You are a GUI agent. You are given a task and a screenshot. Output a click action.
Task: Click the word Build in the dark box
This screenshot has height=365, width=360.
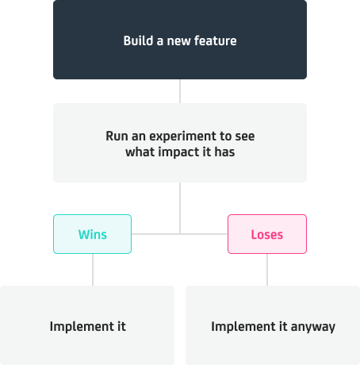pyautogui.click(x=138, y=40)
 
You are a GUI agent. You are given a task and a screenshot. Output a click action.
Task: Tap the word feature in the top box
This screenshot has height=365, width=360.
pyautogui.click(x=215, y=40)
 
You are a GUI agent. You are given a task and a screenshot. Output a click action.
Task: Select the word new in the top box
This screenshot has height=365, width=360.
pyautogui.click(x=178, y=41)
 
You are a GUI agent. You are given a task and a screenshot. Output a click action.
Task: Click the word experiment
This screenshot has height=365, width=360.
pyautogui.click(x=182, y=136)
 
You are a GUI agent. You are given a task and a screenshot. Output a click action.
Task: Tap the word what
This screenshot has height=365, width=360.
pyautogui.click(x=140, y=152)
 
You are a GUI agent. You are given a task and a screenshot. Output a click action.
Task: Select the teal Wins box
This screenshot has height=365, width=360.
pyautogui.click(x=92, y=234)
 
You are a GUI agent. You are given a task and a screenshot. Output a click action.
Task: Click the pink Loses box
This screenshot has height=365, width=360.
pyautogui.click(x=267, y=234)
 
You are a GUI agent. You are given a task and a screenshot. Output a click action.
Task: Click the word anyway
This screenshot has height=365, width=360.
pyautogui.click(x=313, y=327)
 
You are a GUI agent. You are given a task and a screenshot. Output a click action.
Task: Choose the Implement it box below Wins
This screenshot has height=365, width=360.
pyautogui.click(x=87, y=325)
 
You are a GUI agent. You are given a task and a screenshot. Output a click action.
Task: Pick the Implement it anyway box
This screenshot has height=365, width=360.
pyautogui.click(x=273, y=325)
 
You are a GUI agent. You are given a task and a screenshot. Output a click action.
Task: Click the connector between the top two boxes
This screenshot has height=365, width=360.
pyautogui.click(x=180, y=91)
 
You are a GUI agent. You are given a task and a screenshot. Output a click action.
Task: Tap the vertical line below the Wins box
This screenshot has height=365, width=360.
pyautogui.click(x=93, y=270)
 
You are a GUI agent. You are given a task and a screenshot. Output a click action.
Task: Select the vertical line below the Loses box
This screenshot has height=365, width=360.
pyautogui.click(x=267, y=270)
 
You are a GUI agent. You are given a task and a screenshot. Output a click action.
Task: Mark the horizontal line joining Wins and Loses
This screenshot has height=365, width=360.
pyautogui.click(x=179, y=234)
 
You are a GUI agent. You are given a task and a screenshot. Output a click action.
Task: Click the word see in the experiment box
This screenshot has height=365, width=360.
pyautogui.click(x=245, y=136)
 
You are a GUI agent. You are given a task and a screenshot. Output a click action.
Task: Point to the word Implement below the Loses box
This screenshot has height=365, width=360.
pyautogui.click(x=243, y=327)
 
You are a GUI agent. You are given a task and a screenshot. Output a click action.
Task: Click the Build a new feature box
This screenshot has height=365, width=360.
pyautogui.click(x=180, y=40)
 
